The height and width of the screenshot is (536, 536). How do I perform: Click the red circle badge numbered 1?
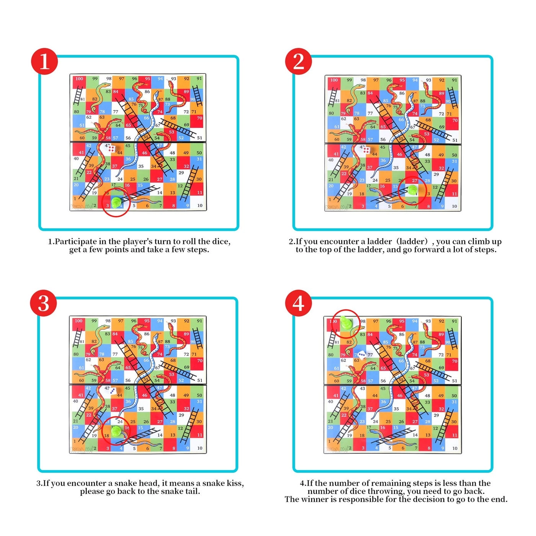(x=44, y=61)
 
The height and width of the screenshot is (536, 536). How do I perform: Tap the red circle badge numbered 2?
(x=299, y=61)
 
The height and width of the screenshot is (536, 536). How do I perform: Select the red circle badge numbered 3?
(x=44, y=303)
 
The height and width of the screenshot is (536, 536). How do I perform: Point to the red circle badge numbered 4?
(x=299, y=303)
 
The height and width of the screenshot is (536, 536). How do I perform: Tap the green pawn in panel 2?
(x=412, y=190)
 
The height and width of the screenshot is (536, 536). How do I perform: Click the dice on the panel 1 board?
(x=111, y=149)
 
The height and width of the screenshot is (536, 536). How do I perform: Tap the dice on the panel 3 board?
(x=113, y=391)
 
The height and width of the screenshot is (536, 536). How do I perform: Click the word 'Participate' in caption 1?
(x=76, y=242)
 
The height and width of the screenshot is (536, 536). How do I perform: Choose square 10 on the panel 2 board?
(x=454, y=206)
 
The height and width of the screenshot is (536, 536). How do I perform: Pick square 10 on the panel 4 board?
(x=454, y=448)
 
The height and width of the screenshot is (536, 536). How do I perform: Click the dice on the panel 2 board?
(x=366, y=150)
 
